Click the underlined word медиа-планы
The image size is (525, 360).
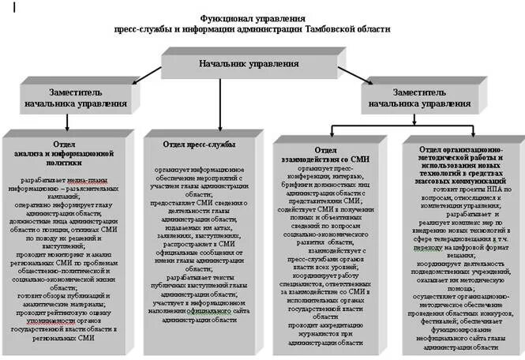click(82, 181)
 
